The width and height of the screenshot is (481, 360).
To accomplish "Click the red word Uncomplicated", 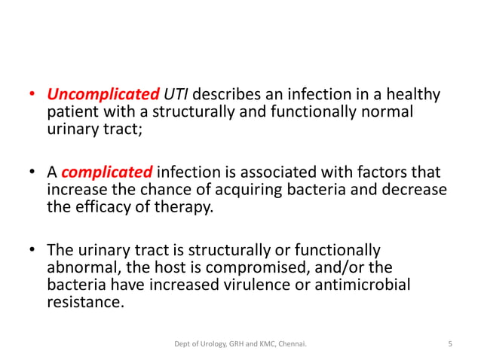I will click(x=103, y=96).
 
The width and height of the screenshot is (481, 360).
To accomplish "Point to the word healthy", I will click(x=412, y=96).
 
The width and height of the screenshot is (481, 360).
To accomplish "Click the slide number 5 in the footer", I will click(x=449, y=344).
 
